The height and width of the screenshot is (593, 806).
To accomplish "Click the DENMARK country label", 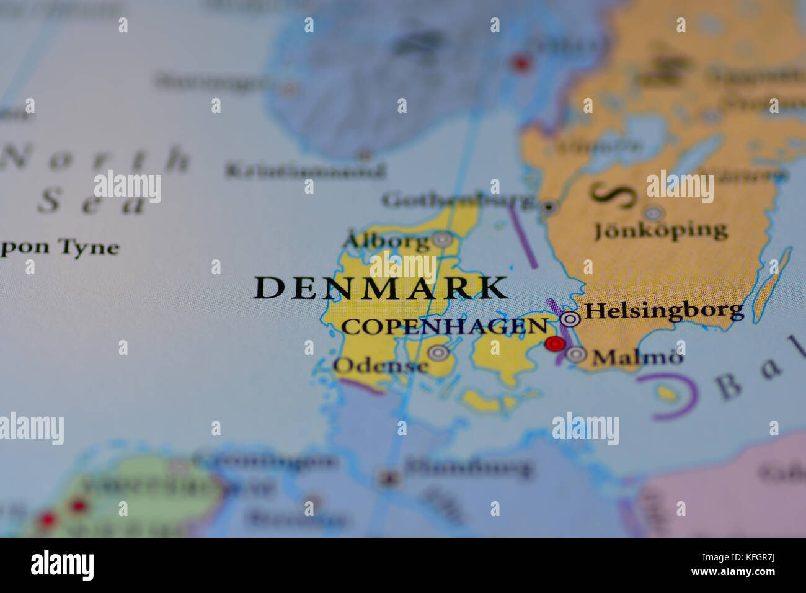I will pos(381,288).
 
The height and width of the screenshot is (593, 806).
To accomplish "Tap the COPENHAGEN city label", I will pos(445,327).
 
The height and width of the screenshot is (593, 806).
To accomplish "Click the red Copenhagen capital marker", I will pos(554,344).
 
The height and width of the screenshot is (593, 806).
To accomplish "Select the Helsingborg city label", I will pos(663,310).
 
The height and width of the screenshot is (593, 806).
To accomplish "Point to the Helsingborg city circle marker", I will pos(570,319).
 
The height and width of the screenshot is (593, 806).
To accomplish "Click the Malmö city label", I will pos(638,357).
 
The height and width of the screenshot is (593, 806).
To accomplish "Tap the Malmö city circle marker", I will pos(576,354).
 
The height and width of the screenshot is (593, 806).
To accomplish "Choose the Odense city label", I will pos(381,365).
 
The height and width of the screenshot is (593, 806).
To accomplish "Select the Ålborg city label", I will pos(386,241).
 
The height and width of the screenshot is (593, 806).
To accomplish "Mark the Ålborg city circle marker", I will pos(442,239).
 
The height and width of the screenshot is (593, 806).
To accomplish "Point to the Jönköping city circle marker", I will pos(653,213).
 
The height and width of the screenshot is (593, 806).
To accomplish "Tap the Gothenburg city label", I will pos(458,200).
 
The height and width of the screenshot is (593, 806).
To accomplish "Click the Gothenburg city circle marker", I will pos(548,207).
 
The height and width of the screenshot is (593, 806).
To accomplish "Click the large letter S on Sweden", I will pos(613,195).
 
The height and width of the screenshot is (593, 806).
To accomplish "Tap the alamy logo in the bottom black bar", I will pos(62,565).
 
